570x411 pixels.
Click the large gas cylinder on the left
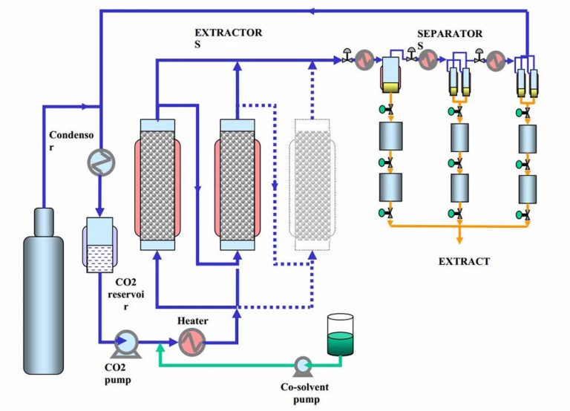click(x=46, y=297)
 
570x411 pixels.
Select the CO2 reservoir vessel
click(x=98, y=245)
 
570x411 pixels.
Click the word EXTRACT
click(x=464, y=261)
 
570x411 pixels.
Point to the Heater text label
click(x=192, y=320)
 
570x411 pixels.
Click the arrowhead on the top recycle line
click(x=315, y=10)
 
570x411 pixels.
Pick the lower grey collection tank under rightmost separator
click(x=527, y=190)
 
